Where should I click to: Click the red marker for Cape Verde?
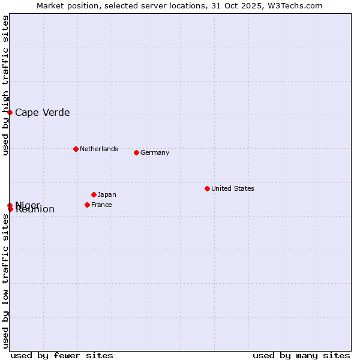10,112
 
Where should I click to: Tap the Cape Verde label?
42,113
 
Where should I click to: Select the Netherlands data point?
76,149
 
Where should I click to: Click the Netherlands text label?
99,149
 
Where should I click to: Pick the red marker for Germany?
136,152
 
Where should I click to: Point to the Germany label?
155,153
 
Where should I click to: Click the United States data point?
207,188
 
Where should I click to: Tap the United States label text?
233,189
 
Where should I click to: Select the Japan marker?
94,194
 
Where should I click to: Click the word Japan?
107,195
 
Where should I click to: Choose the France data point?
87,205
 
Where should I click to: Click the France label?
101,205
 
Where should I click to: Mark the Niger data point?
10,205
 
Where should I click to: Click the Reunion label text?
35,210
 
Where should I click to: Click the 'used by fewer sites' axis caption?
62,355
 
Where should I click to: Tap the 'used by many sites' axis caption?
301,355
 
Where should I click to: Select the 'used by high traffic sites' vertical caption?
6,86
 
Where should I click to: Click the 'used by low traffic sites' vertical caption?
6,281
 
